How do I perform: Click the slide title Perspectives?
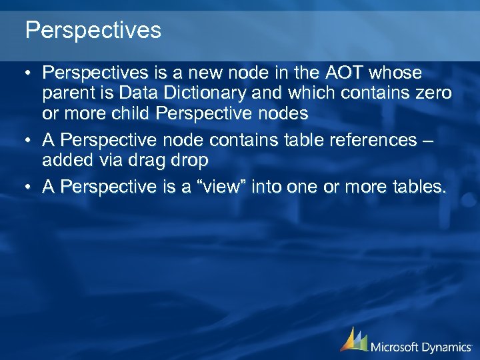(93, 30)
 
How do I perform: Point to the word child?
(129, 113)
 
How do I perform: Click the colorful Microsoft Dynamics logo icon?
(354, 339)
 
